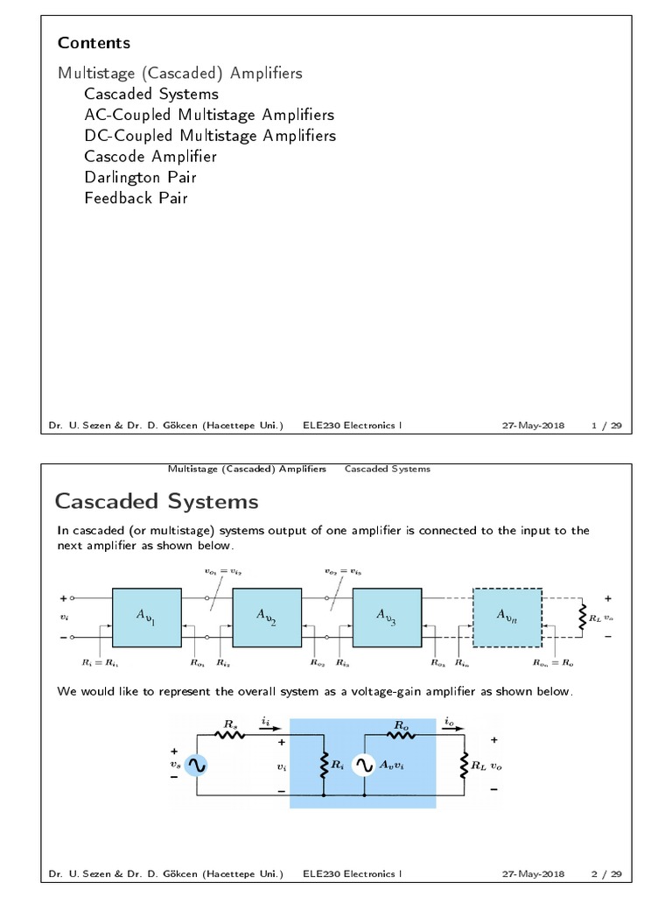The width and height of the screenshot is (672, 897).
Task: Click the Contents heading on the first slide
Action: pyautogui.click(x=94, y=43)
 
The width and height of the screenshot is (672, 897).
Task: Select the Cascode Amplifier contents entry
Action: pyautogui.click(x=150, y=156)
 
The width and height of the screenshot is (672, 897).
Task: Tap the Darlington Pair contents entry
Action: pyautogui.click(x=140, y=177)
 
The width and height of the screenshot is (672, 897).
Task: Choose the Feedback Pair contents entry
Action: pyautogui.click(x=136, y=198)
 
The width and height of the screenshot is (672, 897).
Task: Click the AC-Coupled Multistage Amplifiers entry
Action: pyautogui.click(x=209, y=115)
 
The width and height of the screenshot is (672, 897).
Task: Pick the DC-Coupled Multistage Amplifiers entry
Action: pyautogui.click(x=210, y=136)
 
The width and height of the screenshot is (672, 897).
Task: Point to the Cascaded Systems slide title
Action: pyautogui.click(x=157, y=501)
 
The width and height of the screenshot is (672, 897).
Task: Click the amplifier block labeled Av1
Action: pyautogui.click(x=147, y=617)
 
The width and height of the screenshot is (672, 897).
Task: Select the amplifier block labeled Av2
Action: pyautogui.click(x=267, y=617)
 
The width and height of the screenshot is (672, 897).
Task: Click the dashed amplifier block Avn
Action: pyautogui.click(x=507, y=617)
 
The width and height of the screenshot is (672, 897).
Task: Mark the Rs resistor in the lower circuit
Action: pyautogui.click(x=230, y=736)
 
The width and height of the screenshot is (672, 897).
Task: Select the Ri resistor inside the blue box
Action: pyautogui.click(x=325, y=765)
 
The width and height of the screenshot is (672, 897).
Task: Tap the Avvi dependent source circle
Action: pyautogui.click(x=364, y=765)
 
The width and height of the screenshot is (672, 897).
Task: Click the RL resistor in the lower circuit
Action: pyautogui.click(x=464, y=765)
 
